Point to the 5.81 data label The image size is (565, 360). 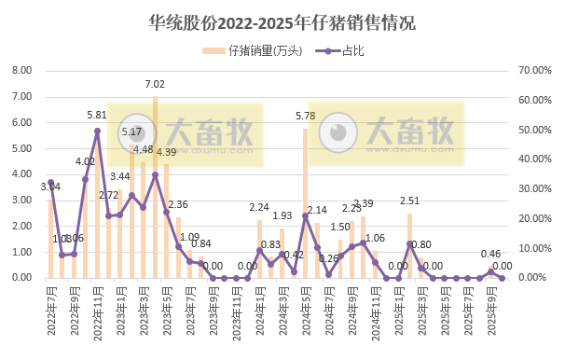97,116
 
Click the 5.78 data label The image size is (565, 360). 305,116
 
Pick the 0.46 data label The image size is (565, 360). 490,254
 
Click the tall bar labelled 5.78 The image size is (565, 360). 305,205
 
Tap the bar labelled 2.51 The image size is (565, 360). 409,247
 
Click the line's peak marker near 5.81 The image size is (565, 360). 97,131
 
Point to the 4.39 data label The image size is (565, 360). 166,152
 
